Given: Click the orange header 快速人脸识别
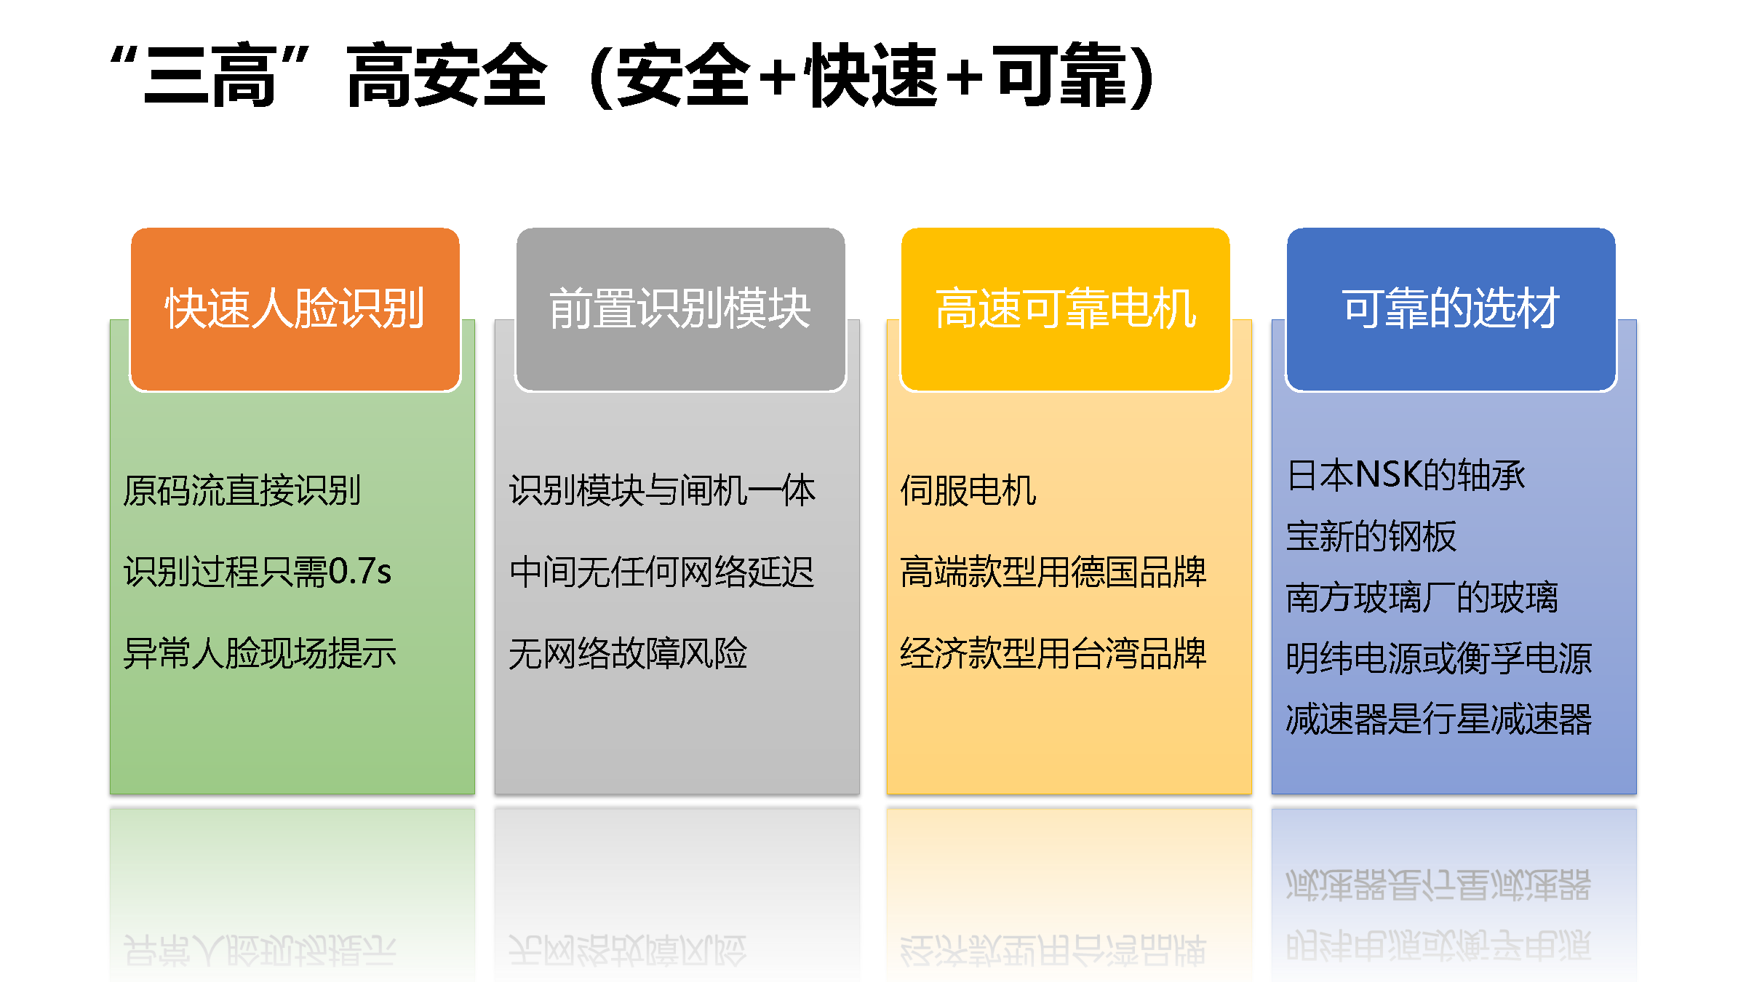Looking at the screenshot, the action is point(295,309).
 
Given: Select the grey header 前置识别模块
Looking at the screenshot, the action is point(680,309).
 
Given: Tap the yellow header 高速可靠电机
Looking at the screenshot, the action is point(1066,309).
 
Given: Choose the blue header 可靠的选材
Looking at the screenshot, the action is point(1451,309).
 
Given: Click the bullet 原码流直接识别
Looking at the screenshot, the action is point(242,490).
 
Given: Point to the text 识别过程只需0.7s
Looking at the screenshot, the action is point(258,572).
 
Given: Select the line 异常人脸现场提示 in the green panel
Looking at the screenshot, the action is point(260,653).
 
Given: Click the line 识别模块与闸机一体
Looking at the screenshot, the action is point(662,490).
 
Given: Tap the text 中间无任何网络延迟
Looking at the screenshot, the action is point(662,572).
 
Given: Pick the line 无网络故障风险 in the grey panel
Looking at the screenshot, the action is point(628,653).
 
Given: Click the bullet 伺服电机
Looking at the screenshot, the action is point(968,490).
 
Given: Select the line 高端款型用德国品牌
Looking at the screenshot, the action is point(1053,572).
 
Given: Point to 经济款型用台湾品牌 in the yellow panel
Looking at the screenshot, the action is point(1053,653).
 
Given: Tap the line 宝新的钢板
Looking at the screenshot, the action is point(1371,537).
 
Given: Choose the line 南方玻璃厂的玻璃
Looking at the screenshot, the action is point(1422,598).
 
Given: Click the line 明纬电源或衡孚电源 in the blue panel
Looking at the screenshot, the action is point(1439,659).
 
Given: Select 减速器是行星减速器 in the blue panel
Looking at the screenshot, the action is point(1439,719).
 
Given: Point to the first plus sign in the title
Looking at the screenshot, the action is point(777,77).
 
